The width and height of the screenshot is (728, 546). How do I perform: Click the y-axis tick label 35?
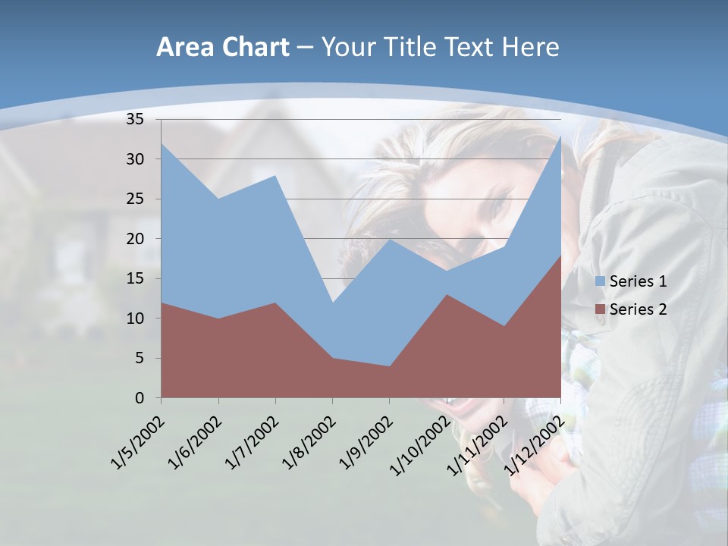tap(134, 119)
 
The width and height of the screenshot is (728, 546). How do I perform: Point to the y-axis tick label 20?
tap(134, 239)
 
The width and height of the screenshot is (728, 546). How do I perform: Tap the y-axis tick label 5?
tap(139, 358)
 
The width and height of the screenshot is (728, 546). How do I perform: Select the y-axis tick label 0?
tap(139, 398)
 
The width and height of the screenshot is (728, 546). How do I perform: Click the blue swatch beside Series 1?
tap(600, 281)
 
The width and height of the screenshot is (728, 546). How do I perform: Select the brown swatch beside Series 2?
tap(600, 309)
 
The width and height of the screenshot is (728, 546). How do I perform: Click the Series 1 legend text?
tap(638, 281)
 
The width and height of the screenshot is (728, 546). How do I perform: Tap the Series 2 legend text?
tap(638, 309)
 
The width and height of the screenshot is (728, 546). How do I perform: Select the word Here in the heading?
tap(530, 48)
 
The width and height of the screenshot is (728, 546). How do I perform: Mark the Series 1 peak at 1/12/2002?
tap(560, 136)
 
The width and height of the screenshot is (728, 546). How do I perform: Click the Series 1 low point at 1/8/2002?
tap(332, 303)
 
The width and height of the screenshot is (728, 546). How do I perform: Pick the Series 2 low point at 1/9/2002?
tap(390, 366)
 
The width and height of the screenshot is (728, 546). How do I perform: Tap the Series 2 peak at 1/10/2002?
tap(447, 294)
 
